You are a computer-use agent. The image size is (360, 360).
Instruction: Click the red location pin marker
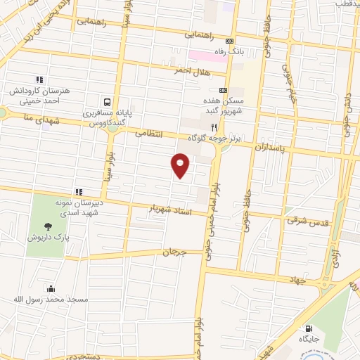181,166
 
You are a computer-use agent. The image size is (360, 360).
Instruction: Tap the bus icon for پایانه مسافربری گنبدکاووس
106,102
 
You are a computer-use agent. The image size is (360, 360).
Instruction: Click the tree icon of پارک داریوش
48,226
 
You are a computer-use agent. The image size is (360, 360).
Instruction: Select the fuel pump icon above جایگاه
308,328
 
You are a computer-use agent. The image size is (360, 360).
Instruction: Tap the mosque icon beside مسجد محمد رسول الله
50,288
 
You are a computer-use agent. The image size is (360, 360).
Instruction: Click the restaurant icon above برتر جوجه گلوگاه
214,129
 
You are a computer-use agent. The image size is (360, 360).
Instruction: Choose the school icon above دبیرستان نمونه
79,191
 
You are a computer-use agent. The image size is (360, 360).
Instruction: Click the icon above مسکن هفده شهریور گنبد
223,90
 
